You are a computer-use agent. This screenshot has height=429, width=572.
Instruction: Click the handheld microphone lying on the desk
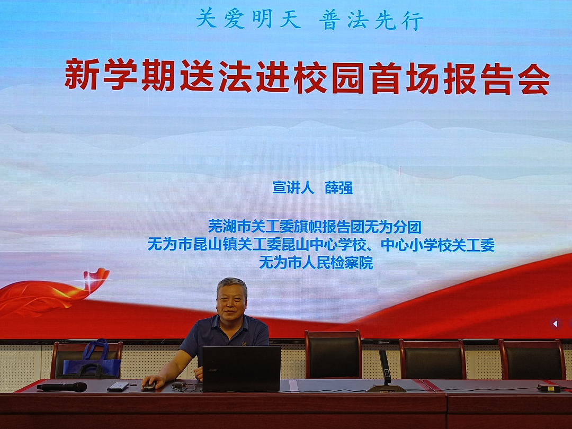[61, 387]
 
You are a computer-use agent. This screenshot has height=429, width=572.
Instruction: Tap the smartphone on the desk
[118, 386]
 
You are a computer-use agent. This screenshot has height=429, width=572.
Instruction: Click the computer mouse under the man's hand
[149, 386]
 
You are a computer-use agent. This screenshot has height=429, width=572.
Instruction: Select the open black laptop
[242, 369]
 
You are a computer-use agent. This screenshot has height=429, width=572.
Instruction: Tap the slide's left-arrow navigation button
[555, 324]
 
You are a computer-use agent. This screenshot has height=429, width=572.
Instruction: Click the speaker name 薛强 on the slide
[338, 188]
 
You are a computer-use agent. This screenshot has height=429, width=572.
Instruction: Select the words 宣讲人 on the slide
[293, 188]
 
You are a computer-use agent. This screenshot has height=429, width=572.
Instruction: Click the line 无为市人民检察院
[316, 263]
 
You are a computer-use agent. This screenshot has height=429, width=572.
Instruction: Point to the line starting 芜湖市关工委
[315, 227]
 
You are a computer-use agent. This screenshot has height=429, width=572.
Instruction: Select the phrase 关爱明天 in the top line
[248, 20]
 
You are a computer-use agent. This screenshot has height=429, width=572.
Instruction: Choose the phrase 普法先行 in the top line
[371, 21]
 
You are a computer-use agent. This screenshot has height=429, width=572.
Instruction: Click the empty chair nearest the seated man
[333, 354]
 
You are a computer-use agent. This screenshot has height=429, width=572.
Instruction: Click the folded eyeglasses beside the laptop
[181, 386]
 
